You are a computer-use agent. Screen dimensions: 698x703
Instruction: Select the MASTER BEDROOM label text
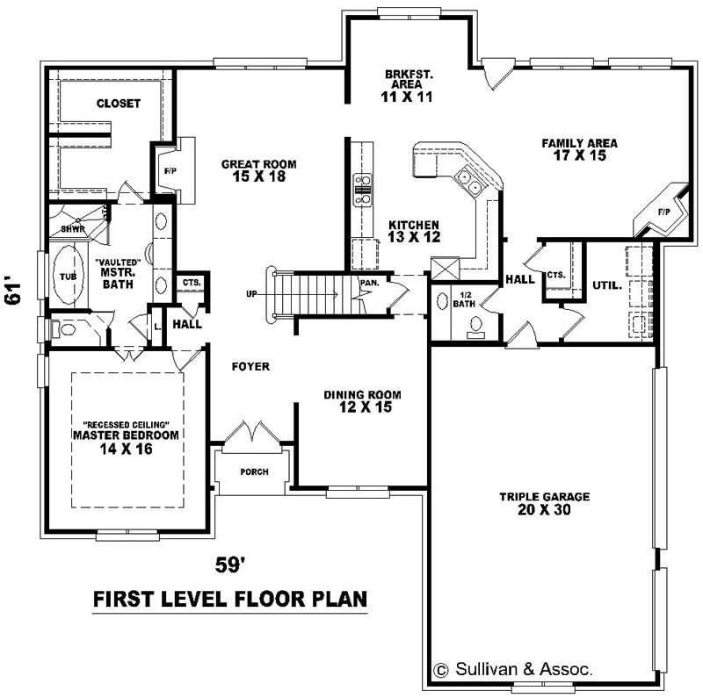point(126,435)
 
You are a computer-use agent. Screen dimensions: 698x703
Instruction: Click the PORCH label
point(254,471)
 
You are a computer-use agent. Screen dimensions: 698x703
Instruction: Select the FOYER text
point(250,366)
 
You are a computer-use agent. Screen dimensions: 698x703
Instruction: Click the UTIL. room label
point(606,285)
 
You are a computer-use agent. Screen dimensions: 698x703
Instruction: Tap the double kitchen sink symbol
point(468,182)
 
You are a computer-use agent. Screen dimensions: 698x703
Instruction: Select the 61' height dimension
point(12,291)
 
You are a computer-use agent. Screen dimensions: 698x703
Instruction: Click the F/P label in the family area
point(663,212)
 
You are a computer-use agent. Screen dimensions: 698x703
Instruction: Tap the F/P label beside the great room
point(170,172)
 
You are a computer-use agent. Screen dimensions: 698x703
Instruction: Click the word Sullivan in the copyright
point(483,669)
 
